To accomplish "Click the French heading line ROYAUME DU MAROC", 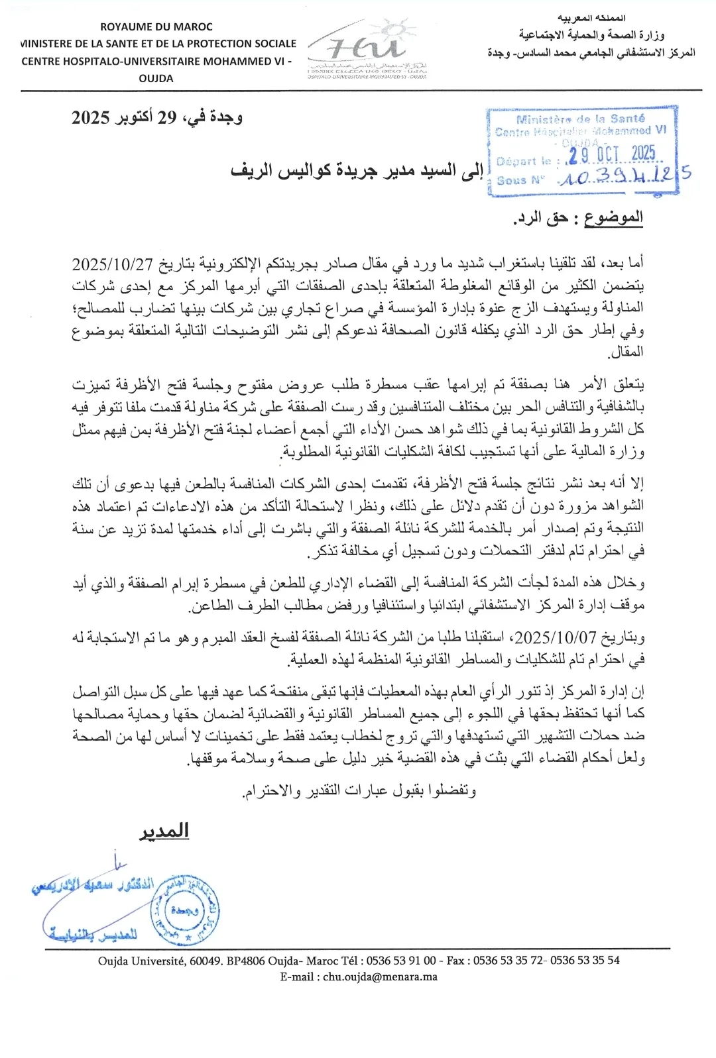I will [156, 27].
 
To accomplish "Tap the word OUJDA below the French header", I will [156, 78].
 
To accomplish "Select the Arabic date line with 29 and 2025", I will [157, 118].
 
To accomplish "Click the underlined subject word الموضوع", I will [613, 217].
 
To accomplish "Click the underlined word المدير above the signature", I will [164, 831].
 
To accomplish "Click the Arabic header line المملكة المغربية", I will [591, 18].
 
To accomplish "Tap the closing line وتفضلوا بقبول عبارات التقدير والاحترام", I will [359, 790].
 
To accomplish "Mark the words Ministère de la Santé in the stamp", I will [580, 119].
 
